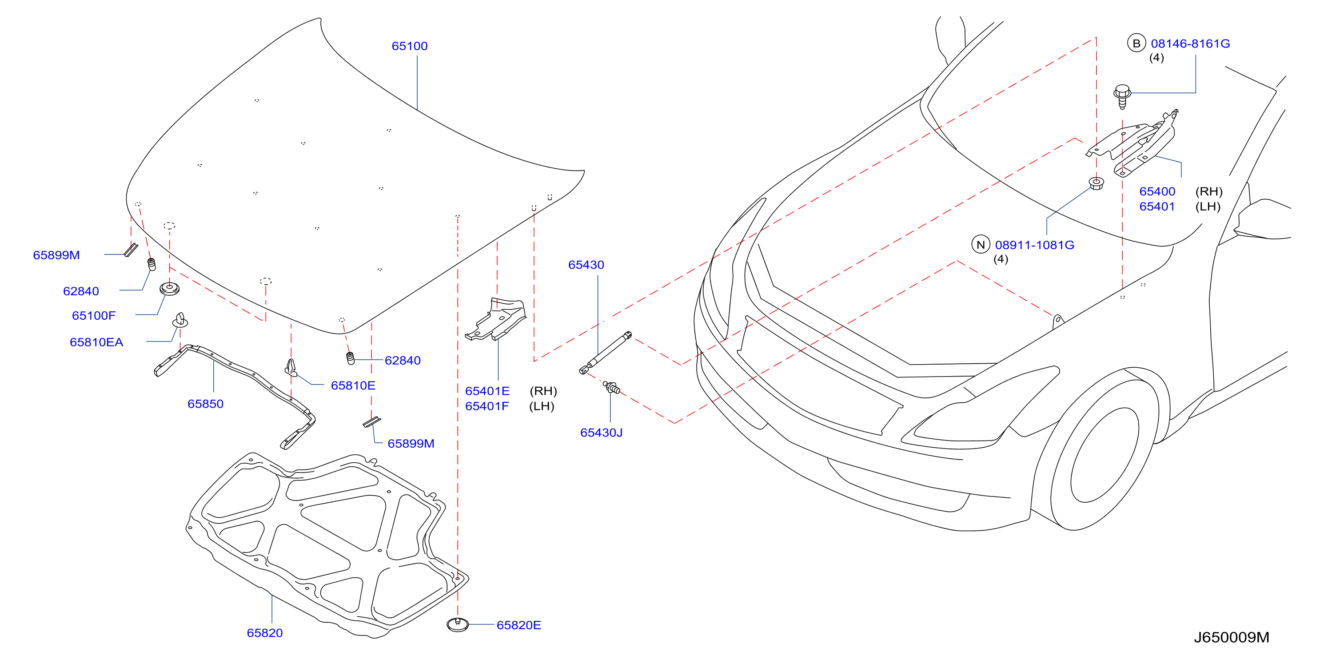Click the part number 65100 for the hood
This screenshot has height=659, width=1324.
(x=409, y=46)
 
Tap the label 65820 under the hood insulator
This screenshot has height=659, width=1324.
(x=265, y=633)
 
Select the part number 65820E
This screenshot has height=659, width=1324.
(x=518, y=625)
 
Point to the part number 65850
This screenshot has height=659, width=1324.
(x=206, y=404)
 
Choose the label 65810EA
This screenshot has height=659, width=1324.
(x=96, y=342)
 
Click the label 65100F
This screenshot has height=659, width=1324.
(x=94, y=315)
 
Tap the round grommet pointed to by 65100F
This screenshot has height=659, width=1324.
(x=169, y=288)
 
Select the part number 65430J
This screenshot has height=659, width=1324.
(x=601, y=433)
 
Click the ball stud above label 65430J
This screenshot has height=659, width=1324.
(x=612, y=387)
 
